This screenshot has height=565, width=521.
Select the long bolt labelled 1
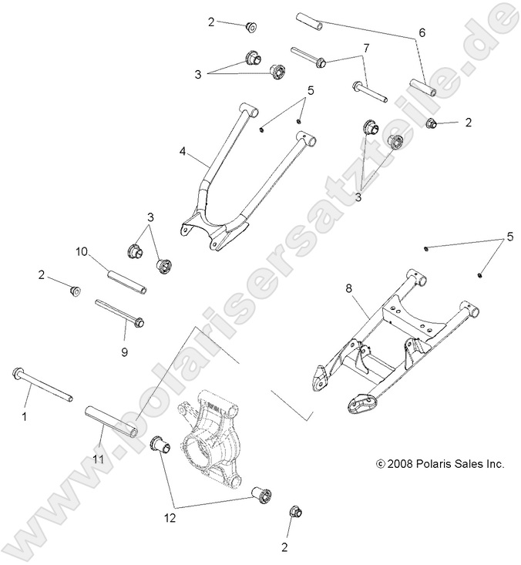point(42,385)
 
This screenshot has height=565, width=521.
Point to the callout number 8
point(348,288)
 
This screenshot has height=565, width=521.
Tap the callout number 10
point(81,251)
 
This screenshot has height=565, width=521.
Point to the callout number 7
point(365,48)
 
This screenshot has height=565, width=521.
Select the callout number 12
point(170,518)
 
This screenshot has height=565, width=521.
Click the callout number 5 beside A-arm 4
point(310,91)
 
